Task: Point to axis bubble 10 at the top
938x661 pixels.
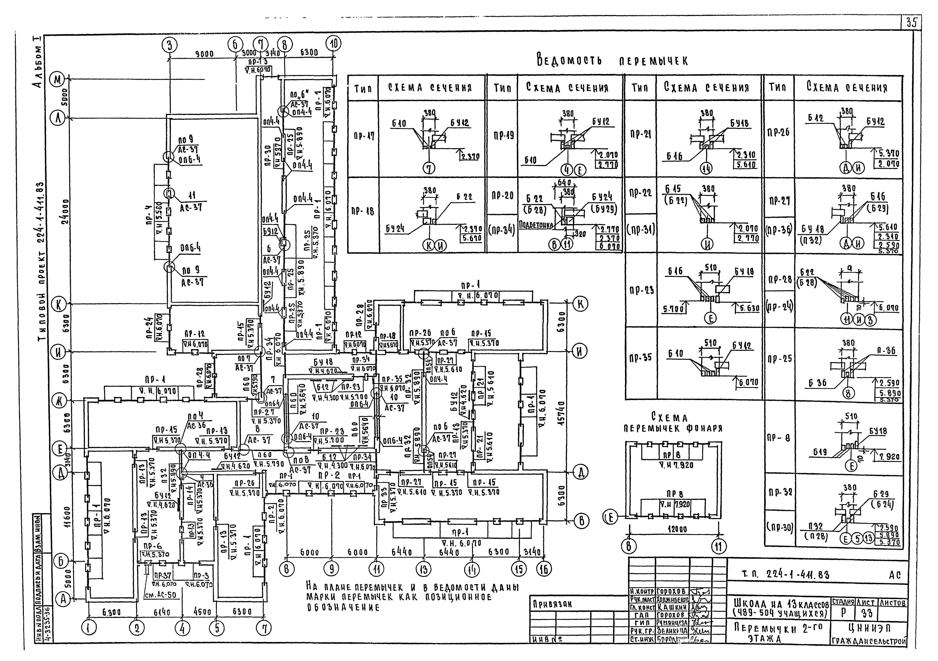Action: point(334,44)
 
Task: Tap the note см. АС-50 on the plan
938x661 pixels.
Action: point(161,595)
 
